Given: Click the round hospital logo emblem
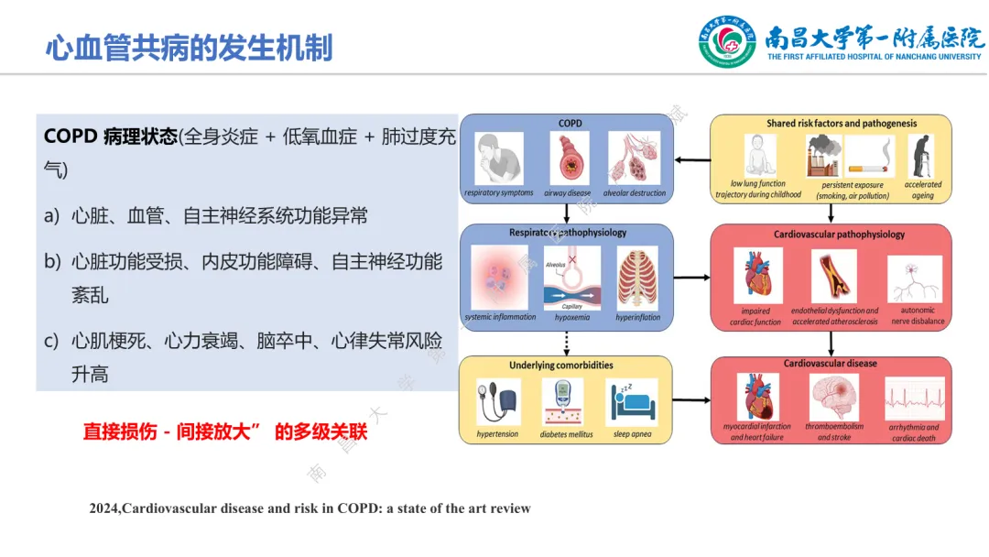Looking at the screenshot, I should (x=727, y=42).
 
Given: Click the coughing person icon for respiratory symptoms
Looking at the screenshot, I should (x=499, y=158).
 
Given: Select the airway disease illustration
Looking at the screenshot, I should (x=569, y=158).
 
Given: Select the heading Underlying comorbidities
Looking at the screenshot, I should (x=561, y=366).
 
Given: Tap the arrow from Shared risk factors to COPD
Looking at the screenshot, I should (x=693, y=160).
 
